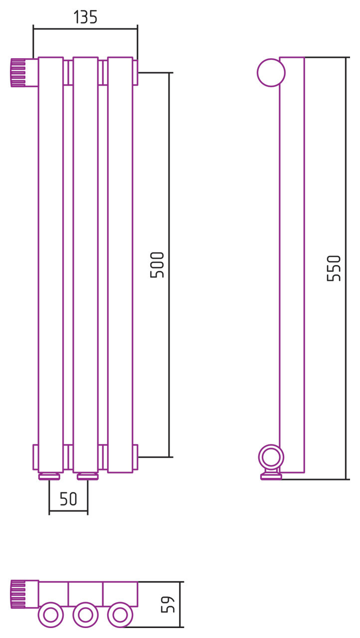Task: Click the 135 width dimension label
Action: pos(85,17)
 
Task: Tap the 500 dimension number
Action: pos(157,265)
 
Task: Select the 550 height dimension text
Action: pos(334,268)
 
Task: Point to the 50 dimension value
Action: pos(68,499)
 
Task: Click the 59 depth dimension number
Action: pos(168,605)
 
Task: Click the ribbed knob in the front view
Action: pos(18,73)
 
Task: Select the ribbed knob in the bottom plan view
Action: pos(18,595)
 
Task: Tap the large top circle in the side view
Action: pos(271,73)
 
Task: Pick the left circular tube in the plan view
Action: pos(51,615)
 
